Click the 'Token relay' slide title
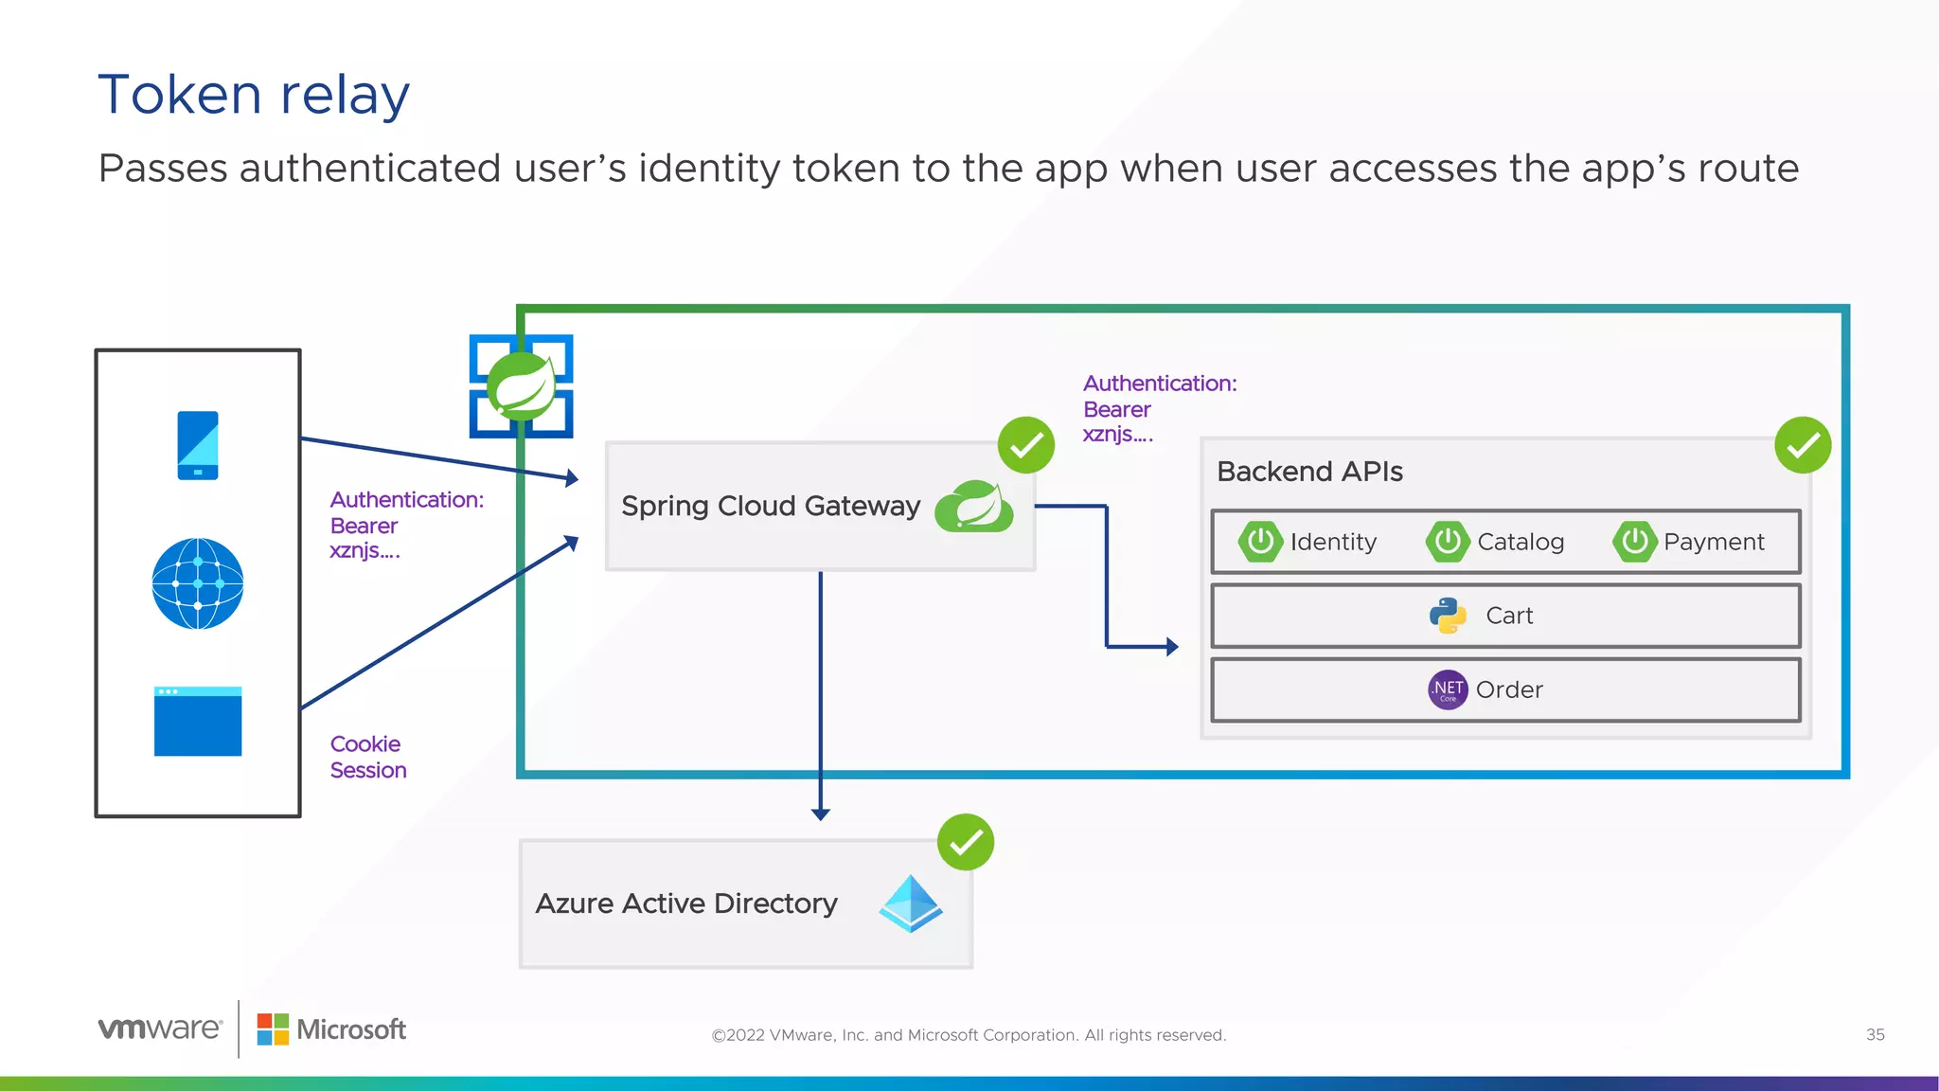(x=254, y=95)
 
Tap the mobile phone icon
(x=198, y=445)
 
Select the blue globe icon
(x=198, y=583)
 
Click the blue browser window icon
(x=198, y=721)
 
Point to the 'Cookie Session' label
(x=367, y=757)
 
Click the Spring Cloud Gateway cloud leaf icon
(x=974, y=506)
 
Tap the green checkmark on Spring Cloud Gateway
(x=1026, y=445)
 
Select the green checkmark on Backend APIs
(x=1803, y=445)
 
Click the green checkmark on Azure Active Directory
(x=966, y=842)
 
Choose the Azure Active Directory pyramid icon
(x=911, y=903)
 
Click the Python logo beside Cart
(x=1448, y=616)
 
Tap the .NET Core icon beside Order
(x=1448, y=689)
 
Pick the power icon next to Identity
(x=1260, y=542)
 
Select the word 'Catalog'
(x=1521, y=542)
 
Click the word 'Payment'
(x=1714, y=542)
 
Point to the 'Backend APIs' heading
(x=1309, y=472)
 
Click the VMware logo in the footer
(x=160, y=1028)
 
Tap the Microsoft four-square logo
(x=273, y=1029)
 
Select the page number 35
(x=1875, y=1035)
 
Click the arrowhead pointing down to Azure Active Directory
(x=821, y=814)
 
